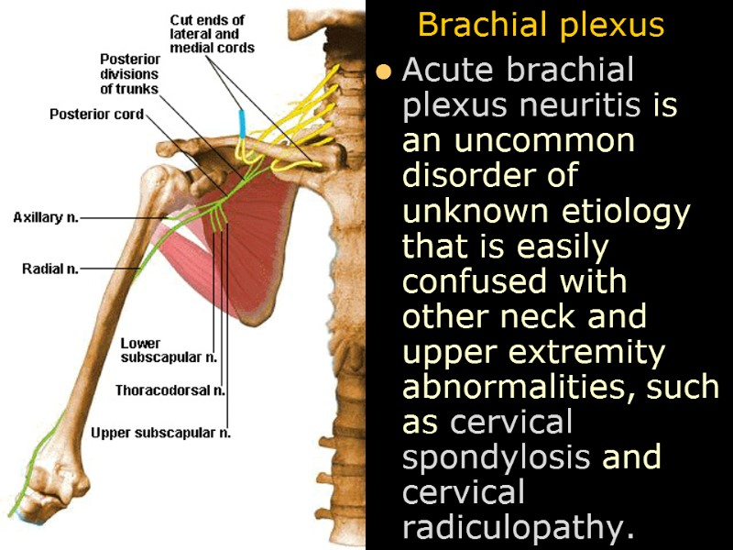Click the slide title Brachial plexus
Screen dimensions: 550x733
[x=541, y=25]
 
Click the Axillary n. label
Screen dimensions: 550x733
[x=46, y=218]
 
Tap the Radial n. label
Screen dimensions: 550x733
[x=50, y=269]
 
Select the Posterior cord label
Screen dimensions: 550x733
[x=96, y=115]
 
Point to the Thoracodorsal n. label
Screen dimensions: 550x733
[x=170, y=390]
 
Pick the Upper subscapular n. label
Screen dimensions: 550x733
[x=160, y=433]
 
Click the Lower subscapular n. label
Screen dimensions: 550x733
[x=169, y=350]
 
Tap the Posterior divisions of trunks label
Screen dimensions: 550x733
[x=129, y=74]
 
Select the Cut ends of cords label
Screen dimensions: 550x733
[x=212, y=34]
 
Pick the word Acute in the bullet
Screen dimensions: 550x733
[x=445, y=71]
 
